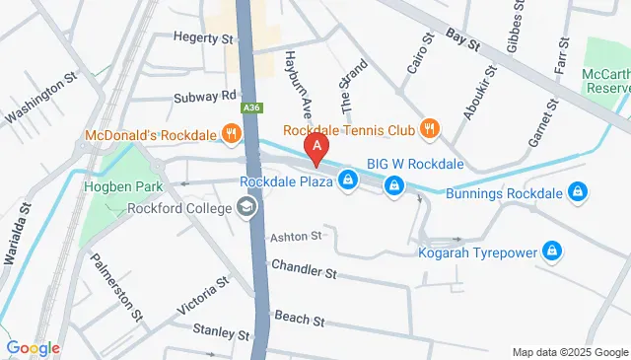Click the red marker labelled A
tap(316, 150)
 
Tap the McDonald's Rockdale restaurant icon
tap(231, 131)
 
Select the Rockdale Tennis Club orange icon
tap(429, 128)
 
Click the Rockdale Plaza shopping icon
tap(347, 180)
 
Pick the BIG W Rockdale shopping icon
tap(393, 184)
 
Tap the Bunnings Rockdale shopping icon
tap(581, 193)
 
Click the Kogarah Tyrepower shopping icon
tap(553, 252)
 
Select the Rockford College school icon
tap(245, 208)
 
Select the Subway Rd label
tap(206, 96)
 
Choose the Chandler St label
tap(304, 267)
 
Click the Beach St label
tap(298, 320)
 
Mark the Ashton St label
tap(296, 237)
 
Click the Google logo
tap(33, 347)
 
